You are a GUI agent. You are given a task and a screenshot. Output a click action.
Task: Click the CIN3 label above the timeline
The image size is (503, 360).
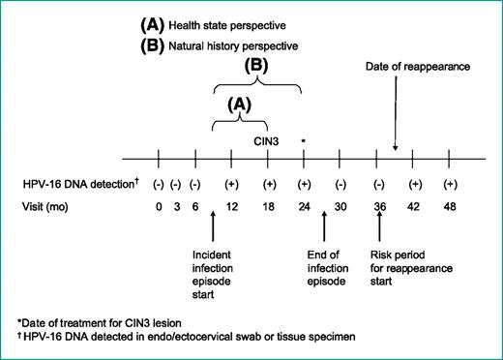(x=268, y=141)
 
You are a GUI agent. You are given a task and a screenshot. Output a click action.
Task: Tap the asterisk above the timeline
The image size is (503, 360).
(x=304, y=142)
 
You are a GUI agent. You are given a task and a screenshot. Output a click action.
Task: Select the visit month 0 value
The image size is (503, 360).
(x=157, y=205)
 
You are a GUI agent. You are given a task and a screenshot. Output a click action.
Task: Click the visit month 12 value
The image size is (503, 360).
(x=231, y=205)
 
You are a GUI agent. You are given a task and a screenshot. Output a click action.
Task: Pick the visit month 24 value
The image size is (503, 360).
(x=304, y=205)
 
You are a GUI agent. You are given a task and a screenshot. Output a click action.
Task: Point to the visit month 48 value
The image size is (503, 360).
(x=450, y=205)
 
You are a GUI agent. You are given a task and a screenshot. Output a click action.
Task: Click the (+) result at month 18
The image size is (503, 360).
(x=268, y=183)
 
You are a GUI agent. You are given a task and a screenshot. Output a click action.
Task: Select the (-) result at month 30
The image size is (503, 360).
(x=340, y=183)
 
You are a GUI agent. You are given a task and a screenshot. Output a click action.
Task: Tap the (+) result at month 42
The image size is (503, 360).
(x=414, y=183)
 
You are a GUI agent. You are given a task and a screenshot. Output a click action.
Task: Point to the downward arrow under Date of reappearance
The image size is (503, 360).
(x=396, y=116)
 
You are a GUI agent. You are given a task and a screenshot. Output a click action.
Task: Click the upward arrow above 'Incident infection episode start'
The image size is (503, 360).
(x=213, y=230)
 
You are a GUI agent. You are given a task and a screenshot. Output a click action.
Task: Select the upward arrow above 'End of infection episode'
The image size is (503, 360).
(x=324, y=230)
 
